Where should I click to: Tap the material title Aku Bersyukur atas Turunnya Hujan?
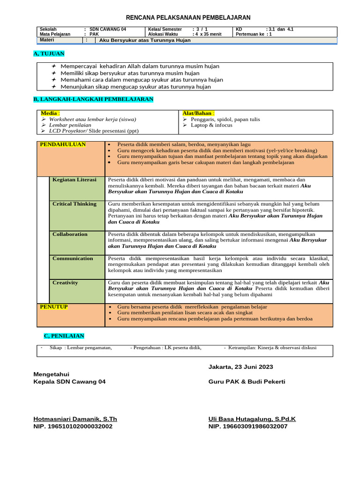click(145, 40)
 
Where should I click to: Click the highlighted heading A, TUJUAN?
click(49, 54)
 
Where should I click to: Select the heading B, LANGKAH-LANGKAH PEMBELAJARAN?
click(93, 99)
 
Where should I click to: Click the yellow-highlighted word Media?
click(49, 113)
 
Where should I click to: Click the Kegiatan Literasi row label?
click(74, 180)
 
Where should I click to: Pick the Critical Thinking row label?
click(74, 204)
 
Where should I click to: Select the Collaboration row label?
click(70, 234)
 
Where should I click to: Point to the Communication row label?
click(73, 258)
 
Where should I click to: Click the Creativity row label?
click(65, 283)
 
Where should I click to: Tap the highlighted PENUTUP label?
click(54, 307)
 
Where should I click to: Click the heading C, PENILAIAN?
click(64, 336)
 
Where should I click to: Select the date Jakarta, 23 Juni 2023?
click(240, 367)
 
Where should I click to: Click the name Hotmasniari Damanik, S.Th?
click(75, 419)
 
